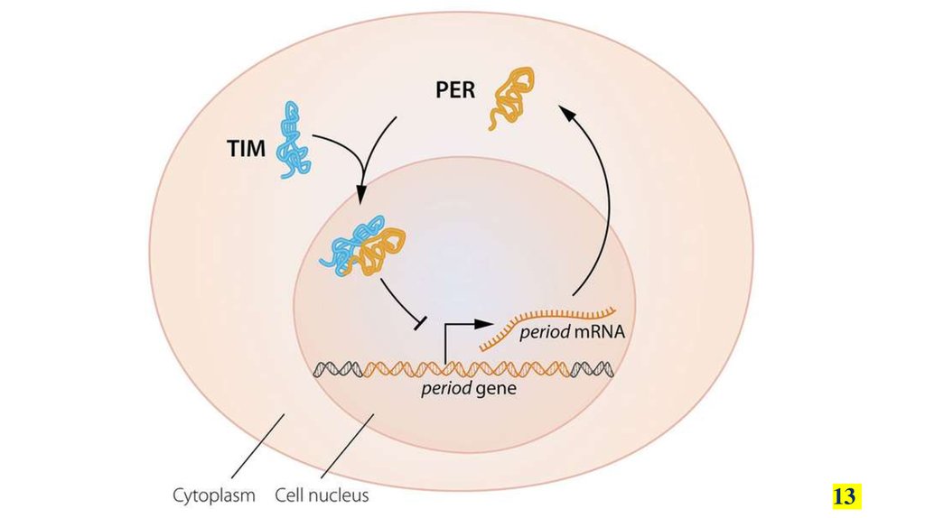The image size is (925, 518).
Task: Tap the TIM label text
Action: pos(246,149)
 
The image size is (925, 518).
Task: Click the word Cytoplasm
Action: pos(214,495)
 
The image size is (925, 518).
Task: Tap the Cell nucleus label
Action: pos(322,495)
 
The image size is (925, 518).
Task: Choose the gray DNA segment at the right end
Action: pos(595,368)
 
